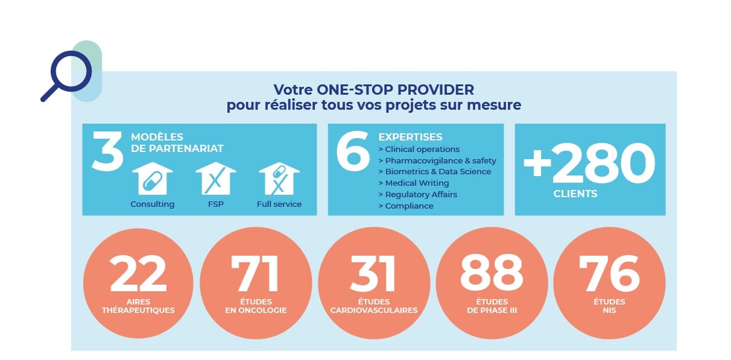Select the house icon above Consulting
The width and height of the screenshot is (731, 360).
click(152, 178)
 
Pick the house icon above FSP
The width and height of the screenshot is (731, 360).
click(215, 178)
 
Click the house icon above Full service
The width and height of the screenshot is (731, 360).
click(279, 178)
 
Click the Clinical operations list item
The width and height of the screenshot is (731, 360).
click(419, 149)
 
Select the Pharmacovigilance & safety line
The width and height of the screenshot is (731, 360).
click(437, 160)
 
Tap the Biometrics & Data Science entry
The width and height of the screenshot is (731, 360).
click(434, 171)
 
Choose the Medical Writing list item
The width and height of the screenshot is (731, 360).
click(413, 183)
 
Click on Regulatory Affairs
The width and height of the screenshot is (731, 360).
click(417, 194)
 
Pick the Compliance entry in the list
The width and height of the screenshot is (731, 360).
click(405, 206)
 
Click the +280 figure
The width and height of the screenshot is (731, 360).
click(589, 163)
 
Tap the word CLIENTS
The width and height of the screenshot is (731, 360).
click(575, 194)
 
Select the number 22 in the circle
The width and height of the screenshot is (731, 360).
click(138, 273)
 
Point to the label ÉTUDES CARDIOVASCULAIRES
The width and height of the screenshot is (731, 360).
click(374, 306)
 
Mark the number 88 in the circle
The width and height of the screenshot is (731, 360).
click(492, 273)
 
